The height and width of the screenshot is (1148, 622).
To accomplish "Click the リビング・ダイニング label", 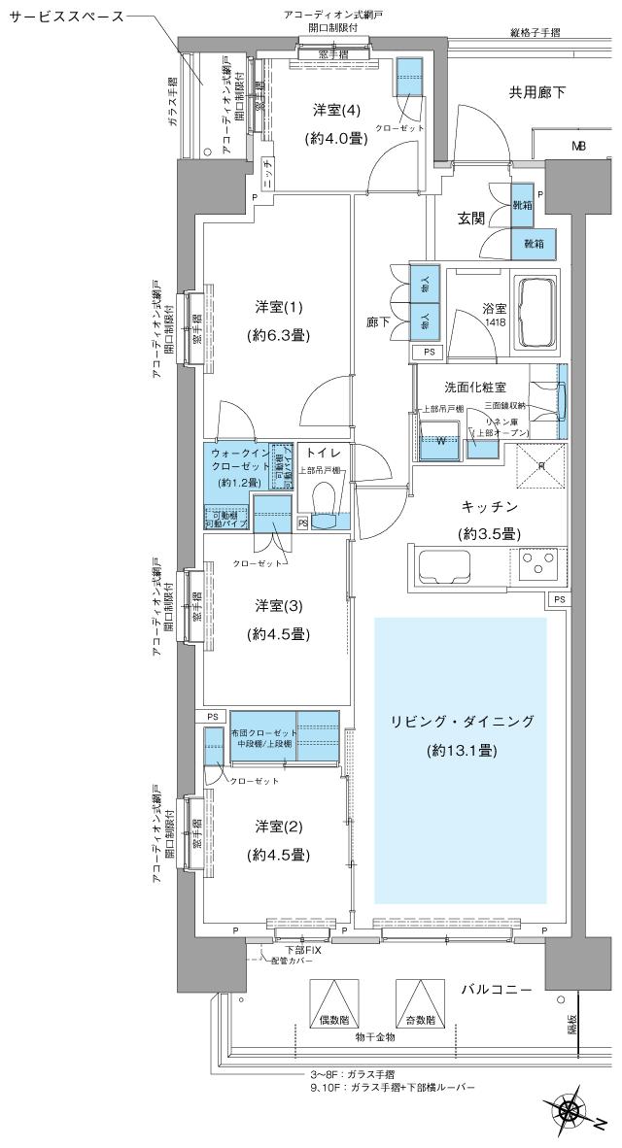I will [x=462, y=721].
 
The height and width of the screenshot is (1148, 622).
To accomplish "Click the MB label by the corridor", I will [x=578, y=147].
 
